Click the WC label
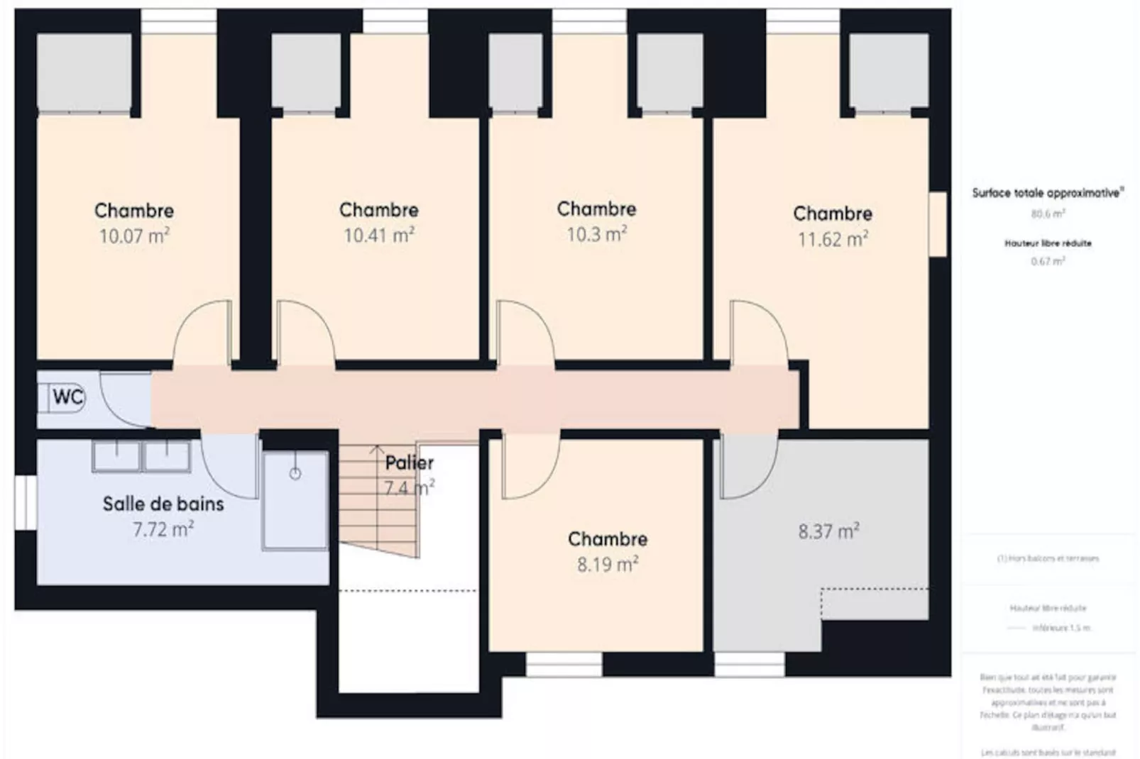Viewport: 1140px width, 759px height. pos(68,397)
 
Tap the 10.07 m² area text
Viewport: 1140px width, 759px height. pos(134,236)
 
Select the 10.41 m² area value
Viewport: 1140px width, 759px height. pos(379,235)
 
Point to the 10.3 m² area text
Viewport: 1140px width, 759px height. pos(596,233)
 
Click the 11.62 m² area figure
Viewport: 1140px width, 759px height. pos(833,238)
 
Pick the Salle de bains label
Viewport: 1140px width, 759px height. pos(163,504)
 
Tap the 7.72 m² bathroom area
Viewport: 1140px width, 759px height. pos(163,529)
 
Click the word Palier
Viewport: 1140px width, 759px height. pos(409,463)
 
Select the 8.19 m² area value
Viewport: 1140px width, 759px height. pos(608,564)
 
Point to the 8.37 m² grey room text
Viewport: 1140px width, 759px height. pos(828,531)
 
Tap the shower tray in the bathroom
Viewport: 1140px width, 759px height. pos(295,500)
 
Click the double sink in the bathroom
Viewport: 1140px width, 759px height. pos(141,456)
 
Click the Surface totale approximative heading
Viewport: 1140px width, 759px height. pos(1048,193)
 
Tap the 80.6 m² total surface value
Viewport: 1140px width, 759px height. pos(1048,214)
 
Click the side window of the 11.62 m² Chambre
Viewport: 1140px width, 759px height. pos(938,223)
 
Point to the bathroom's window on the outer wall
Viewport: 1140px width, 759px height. pos(26,502)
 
